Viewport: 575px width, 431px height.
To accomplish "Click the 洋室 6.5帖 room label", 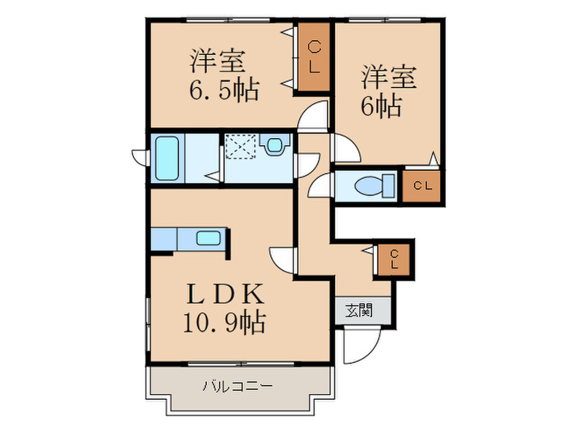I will point(224,75).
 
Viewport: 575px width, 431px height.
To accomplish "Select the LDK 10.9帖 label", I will point(224,308).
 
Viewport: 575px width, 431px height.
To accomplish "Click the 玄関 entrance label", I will point(358,310).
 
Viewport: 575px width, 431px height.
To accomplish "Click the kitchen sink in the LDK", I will point(207,239).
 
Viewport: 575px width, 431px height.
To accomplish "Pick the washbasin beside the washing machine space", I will point(274,145).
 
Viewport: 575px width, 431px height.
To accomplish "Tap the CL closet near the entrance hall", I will point(393,259).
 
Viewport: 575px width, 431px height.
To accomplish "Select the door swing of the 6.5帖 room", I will point(312,118).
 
